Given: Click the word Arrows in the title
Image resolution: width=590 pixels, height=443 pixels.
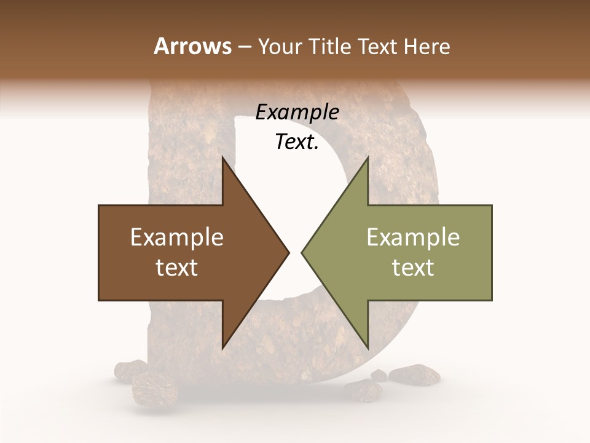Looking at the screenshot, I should coord(192,46).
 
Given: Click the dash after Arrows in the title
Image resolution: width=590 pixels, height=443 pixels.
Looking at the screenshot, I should coord(245,47).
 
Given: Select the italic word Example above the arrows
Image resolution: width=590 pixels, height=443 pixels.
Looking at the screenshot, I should coord(297,112).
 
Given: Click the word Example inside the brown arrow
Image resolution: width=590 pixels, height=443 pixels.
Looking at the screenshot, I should coord(177,237).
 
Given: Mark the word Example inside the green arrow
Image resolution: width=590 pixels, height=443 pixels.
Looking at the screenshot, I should coord(413,237).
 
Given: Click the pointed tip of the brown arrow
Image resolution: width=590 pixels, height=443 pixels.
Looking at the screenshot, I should coord(288,252).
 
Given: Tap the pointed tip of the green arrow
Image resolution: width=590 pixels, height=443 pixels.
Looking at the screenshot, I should coord(302,252).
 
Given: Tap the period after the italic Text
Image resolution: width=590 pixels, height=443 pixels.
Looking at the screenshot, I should coord(317,148).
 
